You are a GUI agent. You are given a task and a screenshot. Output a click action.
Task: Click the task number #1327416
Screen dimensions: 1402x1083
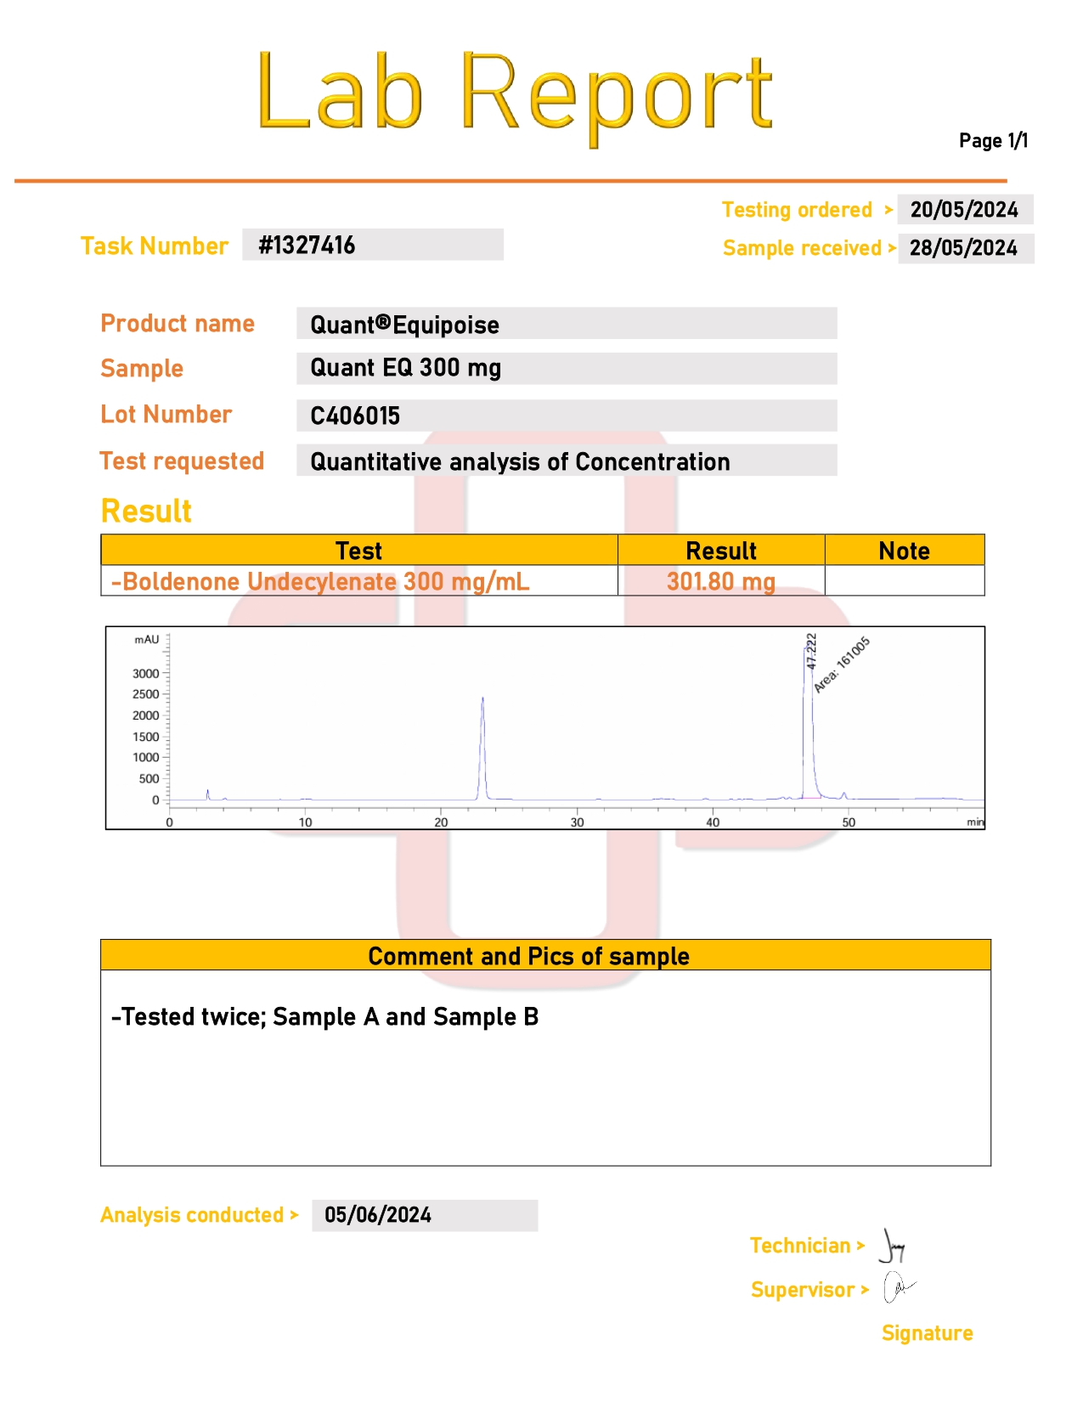[x=307, y=246]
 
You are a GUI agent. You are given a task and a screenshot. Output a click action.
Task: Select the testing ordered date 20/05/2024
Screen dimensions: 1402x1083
[x=964, y=210]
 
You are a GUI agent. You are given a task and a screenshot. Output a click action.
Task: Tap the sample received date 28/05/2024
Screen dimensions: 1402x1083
[x=963, y=248]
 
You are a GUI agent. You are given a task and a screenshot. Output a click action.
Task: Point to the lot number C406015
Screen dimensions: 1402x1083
[x=355, y=416]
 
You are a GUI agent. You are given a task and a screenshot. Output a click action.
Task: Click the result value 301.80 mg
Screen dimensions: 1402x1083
[x=720, y=581]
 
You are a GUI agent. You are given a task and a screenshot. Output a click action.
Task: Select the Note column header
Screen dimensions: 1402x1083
[x=904, y=551]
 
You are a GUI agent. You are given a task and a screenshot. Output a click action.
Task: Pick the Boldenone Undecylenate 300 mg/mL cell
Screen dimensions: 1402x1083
[x=320, y=581]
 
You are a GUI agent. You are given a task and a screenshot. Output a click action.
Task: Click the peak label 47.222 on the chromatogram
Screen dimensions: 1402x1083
[x=811, y=651]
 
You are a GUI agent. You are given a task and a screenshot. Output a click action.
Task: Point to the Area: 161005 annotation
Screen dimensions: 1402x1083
[x=842, y=664]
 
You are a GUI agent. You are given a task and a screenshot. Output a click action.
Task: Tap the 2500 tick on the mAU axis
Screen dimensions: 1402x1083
[x=146, y=694]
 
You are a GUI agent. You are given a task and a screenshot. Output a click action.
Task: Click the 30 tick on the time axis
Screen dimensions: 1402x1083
[x=577, y=822]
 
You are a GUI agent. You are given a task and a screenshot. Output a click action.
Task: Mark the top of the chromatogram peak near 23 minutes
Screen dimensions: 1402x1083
[x=482, y=698]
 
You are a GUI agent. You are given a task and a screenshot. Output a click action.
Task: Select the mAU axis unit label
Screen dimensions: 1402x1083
[x=146, y=640]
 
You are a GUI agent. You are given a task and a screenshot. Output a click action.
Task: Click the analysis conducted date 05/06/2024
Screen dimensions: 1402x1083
[x=378, y=1215]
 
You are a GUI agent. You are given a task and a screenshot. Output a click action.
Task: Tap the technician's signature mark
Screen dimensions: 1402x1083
[x=892, y=1247]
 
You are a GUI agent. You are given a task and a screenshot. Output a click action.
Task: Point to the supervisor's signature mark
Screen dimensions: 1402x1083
[x=897, y=1288]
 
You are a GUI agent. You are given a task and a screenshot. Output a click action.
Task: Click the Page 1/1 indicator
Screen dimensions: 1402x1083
[x=993, y=141]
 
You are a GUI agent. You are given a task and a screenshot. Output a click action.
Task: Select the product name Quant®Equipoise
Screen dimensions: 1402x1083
[x=404, y=325]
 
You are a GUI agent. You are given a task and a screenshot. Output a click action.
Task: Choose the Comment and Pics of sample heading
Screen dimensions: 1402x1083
[x=528, y=956]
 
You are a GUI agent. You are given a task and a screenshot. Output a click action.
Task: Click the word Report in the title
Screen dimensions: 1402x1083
[x=616, y=93]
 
